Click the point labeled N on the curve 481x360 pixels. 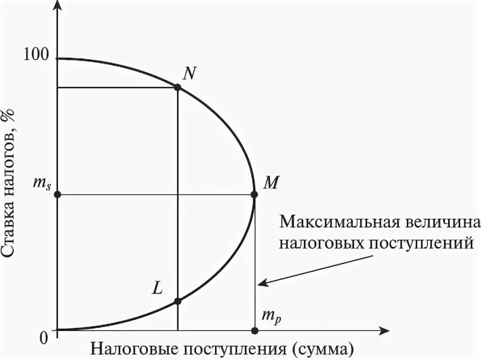tap(178, 87)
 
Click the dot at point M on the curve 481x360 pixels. tap(255, 194)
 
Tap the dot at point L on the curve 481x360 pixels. tap(178, 301)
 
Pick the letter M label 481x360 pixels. tap(270, 182)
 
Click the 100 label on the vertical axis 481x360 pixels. tap(36, 54)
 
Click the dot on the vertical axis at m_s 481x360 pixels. tap(58, 194)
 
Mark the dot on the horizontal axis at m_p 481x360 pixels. tap(255, 330)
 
